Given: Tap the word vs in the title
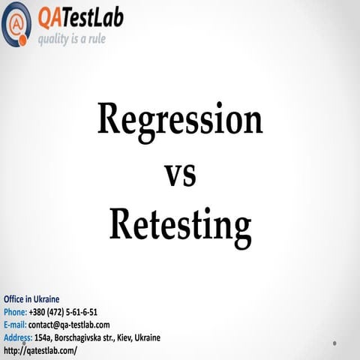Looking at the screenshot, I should click(x=179, y=175).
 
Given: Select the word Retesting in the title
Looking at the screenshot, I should click(x=179, y=224).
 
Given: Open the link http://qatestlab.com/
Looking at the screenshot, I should click(x=40, y=350).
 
